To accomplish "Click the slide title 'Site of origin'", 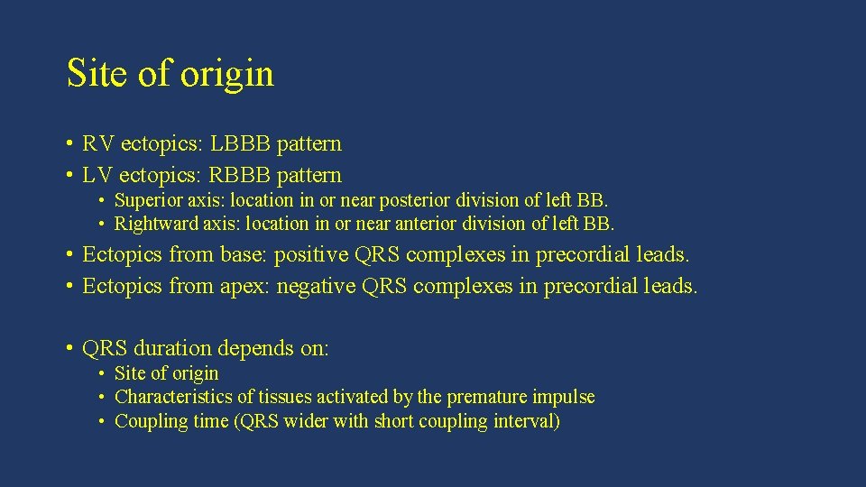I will point(170,74).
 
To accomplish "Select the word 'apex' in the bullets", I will point(244,287).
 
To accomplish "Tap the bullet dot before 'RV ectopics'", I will point(69,144).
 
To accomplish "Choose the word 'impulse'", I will point(566,397).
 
